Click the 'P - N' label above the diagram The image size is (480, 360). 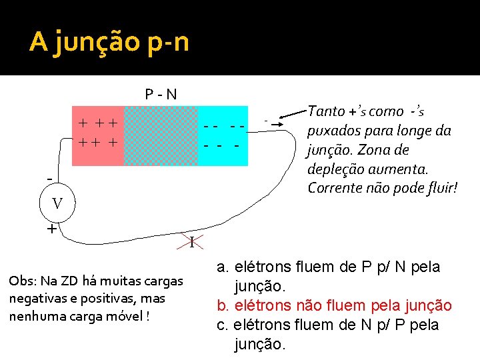[161, 94]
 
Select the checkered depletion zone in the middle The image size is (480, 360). [161, 135]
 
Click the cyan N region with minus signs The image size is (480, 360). [223, 135]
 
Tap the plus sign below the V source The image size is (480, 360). [51, 229]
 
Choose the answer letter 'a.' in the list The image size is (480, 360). [223, 267]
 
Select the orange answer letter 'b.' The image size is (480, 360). [223, 306]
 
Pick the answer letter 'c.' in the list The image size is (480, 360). [223, 325]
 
